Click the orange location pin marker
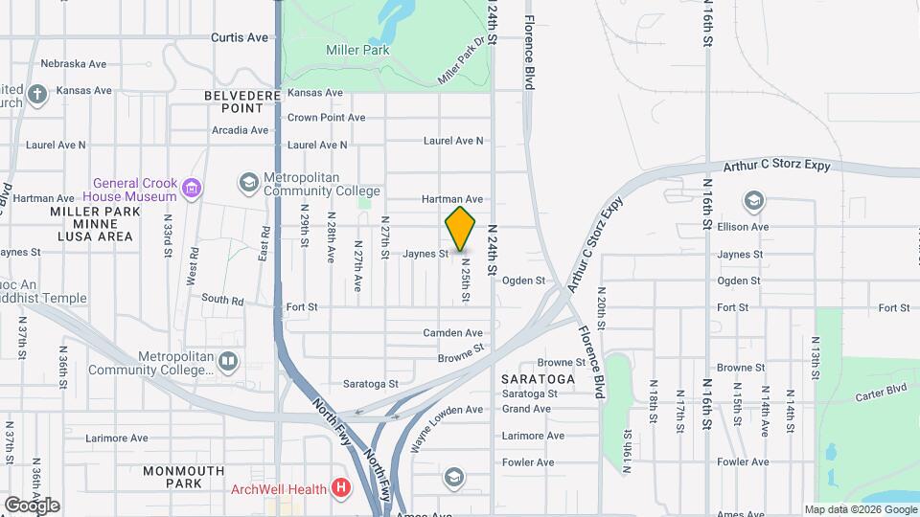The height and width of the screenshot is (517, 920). click(460, 229)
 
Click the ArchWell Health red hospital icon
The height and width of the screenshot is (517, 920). click(340, 488)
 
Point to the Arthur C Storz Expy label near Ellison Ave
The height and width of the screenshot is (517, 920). click(776, 165)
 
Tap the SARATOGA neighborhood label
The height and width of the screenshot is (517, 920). click(538, 379)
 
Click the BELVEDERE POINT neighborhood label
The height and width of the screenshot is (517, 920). click(242, 102)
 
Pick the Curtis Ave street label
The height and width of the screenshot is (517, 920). click(240, 37)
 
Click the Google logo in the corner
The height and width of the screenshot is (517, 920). click(32, 505)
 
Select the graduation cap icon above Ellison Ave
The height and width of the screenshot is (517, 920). click(753, 201)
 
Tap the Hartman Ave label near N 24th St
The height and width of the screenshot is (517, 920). click(453, 199)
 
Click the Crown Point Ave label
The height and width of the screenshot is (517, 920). click(326, 118)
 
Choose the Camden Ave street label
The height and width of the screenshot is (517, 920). click(452, 333)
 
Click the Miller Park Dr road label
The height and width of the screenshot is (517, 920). click(462, 60)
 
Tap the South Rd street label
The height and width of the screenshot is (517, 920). click(222, 301)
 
